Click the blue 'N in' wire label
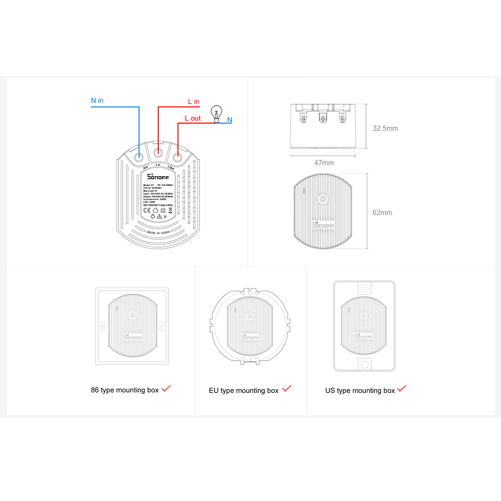pyautogui.click(x=97, y=101)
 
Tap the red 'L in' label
pyautogui.click(x=194, y=101)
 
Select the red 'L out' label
pyautogui.click(x=193, y=118)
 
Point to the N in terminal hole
pyautogui.click(x=139, y=157)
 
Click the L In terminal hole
pyautogui.click(x=158, y=153)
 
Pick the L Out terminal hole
pyautogui.click(x=177, y=157)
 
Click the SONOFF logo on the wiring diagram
pyautogui.click(x=158, y=177)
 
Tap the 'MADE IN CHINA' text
pyautogui.click(x=158, y=233)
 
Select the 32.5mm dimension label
pyautogui.click(x=385, y=129)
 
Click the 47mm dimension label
pyautogui.click(x=324, y=163)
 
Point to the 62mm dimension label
pyautogui.click(x=382, y=213)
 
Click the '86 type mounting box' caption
pyautogui.click(x=125, y=390)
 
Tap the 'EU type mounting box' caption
pyautogui.click(x=244, y=391)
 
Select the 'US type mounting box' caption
pyautogui.click(x=360, y=391)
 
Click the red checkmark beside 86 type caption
pyautogui.click(x=167, y=388)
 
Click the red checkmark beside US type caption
pyautogui.click(x=402, y=388)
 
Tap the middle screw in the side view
pyautogui.click(x=323, y=119)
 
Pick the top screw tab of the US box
pyautogui.click(x=364, y=288)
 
